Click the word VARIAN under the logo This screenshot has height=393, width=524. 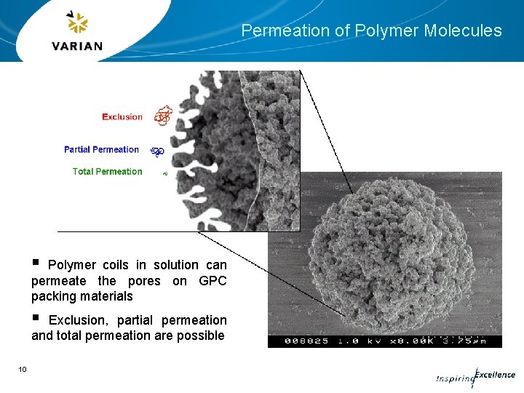click(x=77, y=46)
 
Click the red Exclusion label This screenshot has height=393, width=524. click(x=122, y=116)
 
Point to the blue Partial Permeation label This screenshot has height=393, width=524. click(x=101, y=149)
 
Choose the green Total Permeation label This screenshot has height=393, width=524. click(x=107, y=172)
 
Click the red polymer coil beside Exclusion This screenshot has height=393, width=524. click(x=163, y=115)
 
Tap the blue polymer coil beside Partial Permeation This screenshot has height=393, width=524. click(x=157, y=151)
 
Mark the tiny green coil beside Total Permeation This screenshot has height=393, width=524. click(x=165, y=174)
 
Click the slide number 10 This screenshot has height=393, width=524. click(x=23, y=370)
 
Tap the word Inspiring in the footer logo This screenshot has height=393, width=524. click(x=454, y=378)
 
